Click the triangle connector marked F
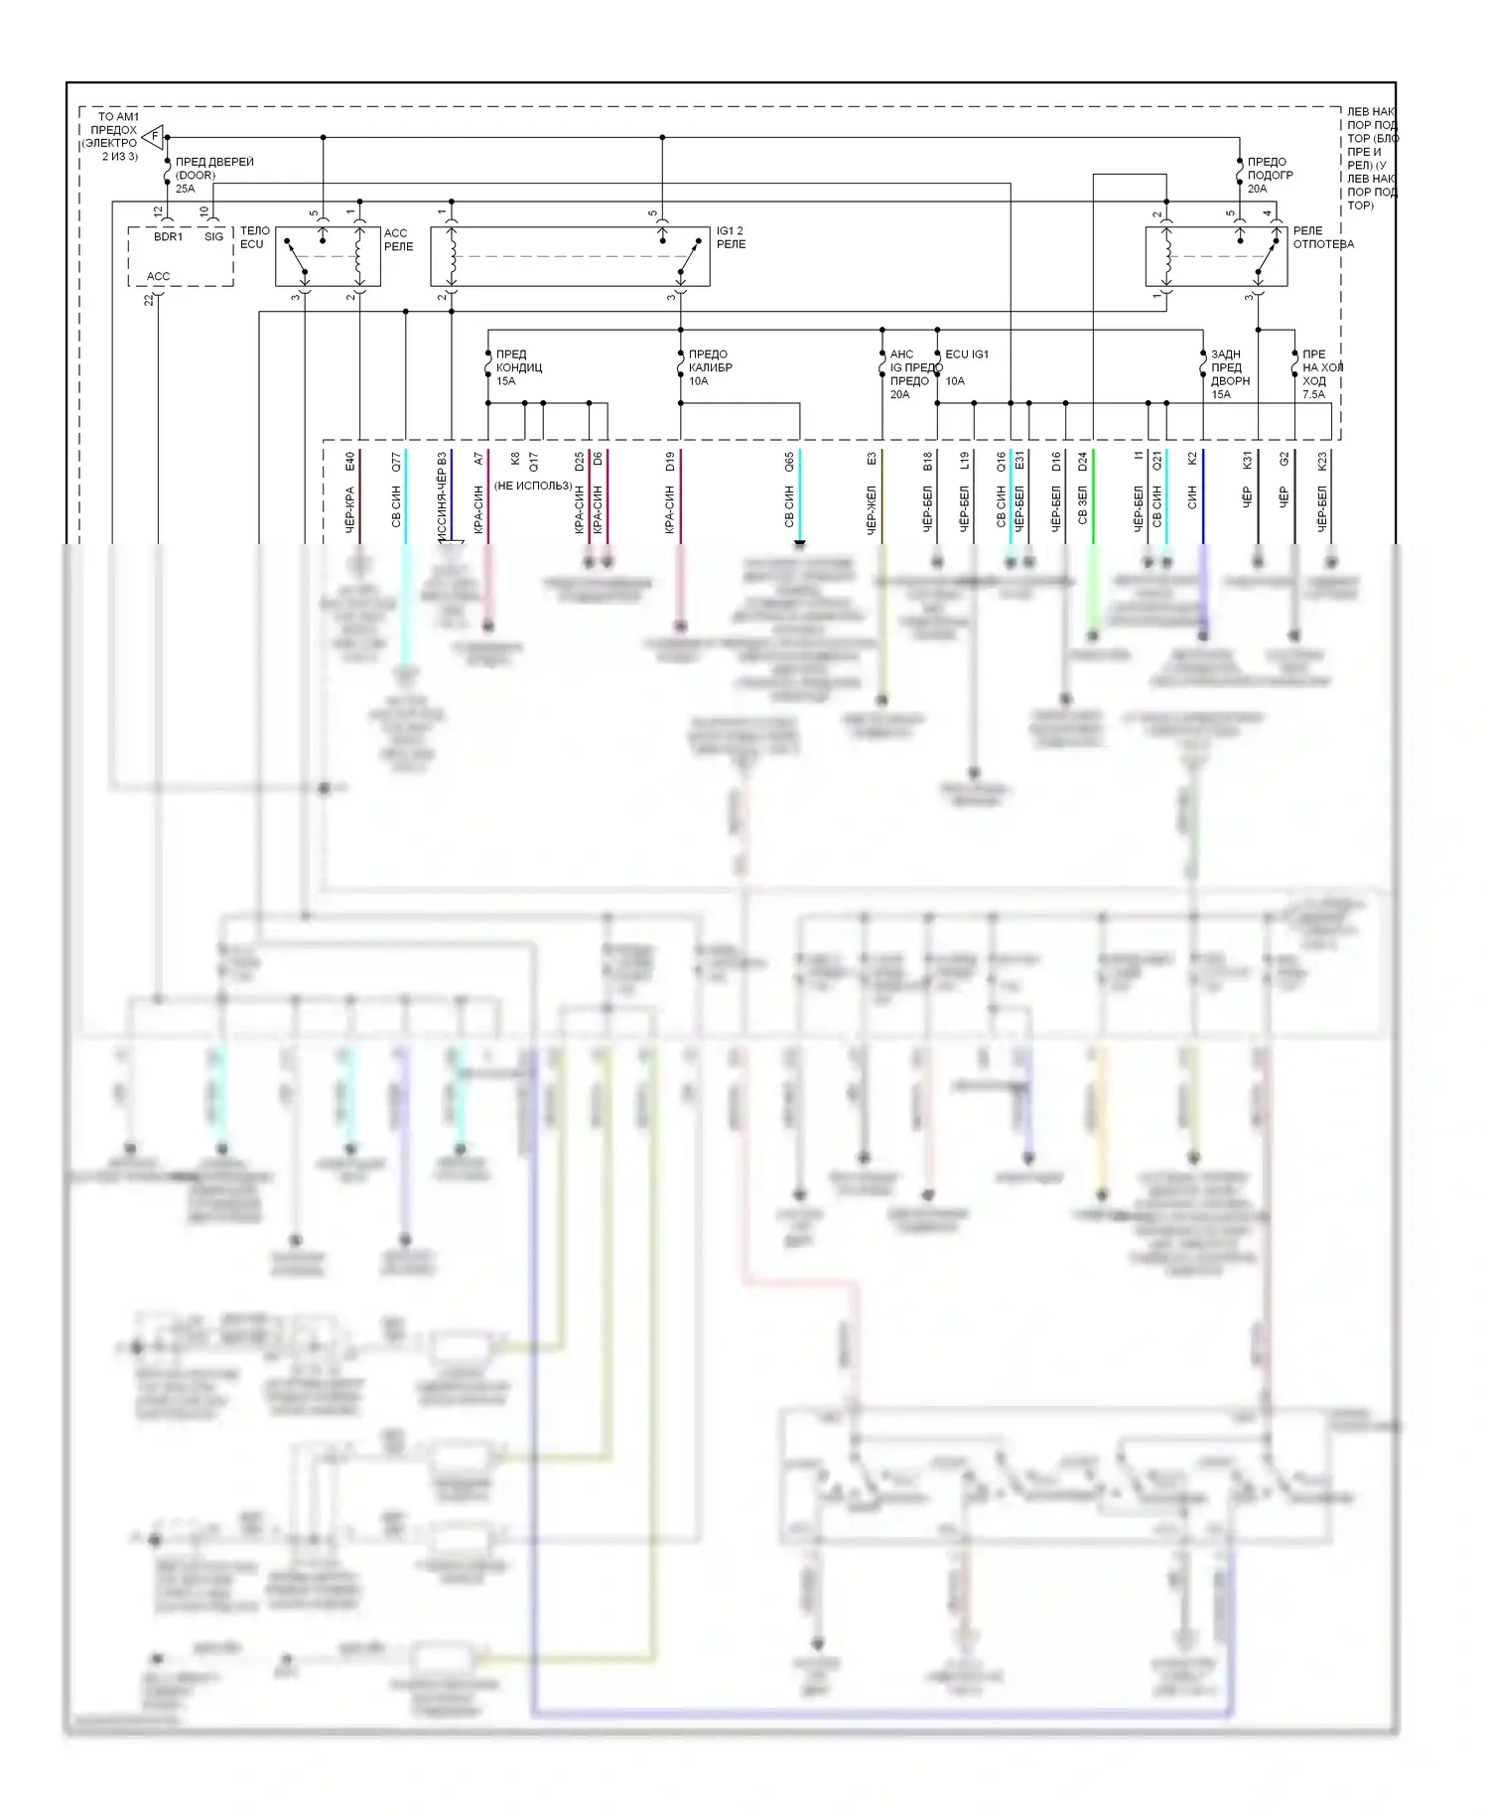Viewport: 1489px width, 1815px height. click(x=153, y=136)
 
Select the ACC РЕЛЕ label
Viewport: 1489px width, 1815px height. click(x=398, y=240)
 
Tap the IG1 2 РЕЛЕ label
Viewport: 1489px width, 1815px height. click(x=731, y=237)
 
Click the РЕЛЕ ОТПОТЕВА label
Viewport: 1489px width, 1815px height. click(x=1322, y=237)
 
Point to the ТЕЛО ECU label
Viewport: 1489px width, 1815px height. click(x=254, y=237)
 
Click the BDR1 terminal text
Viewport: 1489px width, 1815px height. click(x=168, y=237)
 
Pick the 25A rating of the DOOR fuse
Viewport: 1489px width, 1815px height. click(x=186, y=189)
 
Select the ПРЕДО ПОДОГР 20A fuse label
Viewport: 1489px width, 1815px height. click(x=1270, y=175)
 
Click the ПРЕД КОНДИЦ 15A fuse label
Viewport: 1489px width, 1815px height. click(x=518, y=367)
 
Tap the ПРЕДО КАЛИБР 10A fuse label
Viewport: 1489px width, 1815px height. click(x=710, y=367)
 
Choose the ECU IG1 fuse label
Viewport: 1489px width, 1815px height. click(x=966, y=354)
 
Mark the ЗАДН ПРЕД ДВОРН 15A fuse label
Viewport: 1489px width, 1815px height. click(x=1230, y=374)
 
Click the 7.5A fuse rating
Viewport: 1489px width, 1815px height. click(x=1313, y=394)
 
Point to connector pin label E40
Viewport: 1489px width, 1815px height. click(x=350, y=462)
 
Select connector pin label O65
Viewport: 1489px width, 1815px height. click(x=789, y=462)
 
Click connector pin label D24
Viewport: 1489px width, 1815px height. click(x=1083, y=462)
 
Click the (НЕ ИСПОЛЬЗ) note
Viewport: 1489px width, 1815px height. click(x=533, y=486)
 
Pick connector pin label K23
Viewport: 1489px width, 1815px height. click(x=1322, y=462)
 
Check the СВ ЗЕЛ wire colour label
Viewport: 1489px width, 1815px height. click(x=1083, y=505)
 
